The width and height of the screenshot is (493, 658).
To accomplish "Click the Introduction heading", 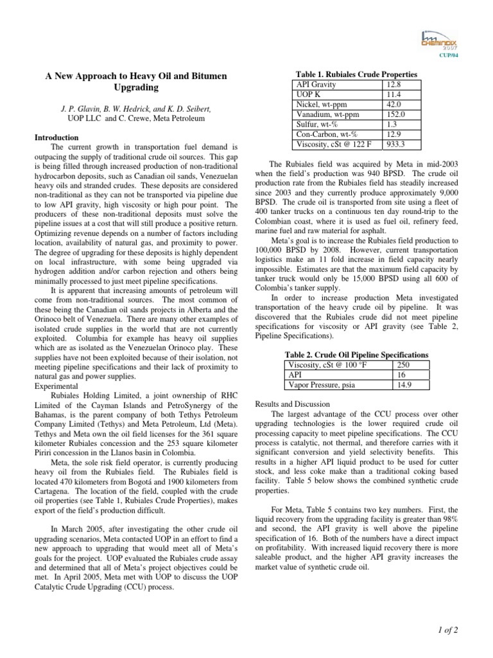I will (56, 138).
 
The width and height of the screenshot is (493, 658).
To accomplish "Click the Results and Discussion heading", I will (293, 404).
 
